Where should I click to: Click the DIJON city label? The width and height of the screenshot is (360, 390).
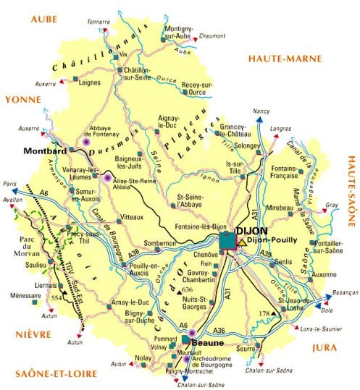[x=251, y=232]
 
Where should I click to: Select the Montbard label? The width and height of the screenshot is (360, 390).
[x=45, y=151]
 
